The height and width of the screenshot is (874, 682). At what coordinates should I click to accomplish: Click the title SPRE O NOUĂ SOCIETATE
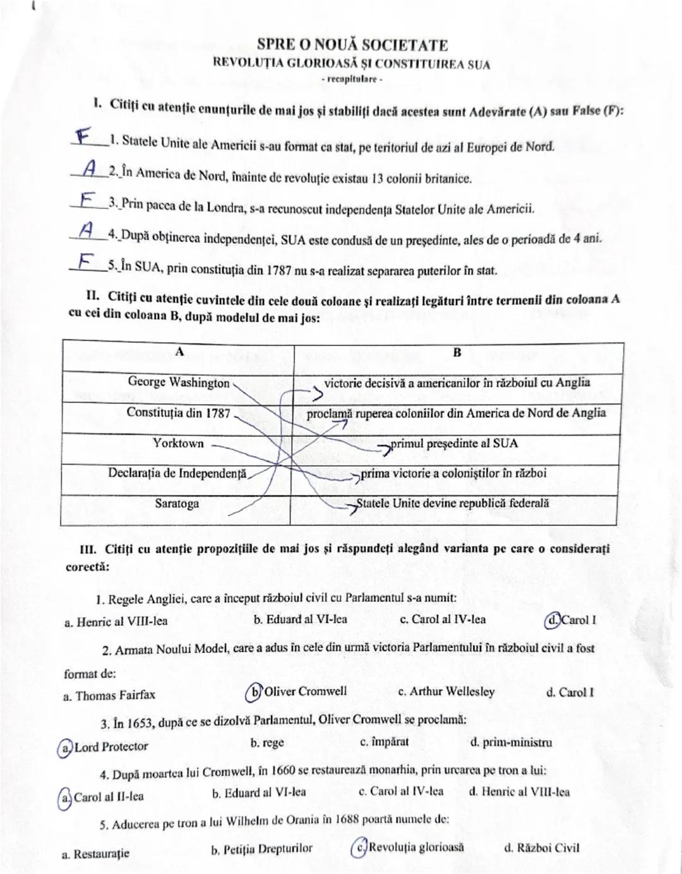click(352, 45)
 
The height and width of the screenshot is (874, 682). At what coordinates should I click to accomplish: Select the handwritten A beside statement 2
click(90, 167)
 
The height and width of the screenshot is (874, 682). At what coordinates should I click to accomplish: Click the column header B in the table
click(457, 352)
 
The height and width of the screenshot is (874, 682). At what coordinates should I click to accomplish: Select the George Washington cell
click(179, 383)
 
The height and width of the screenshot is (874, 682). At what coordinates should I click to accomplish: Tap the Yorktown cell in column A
click(179, 443)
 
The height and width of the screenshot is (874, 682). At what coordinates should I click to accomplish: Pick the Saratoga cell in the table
click(177, 504)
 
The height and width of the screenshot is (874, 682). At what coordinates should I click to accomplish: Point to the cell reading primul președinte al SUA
click(454, 443)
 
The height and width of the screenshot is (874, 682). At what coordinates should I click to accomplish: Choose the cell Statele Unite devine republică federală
click(453, 504)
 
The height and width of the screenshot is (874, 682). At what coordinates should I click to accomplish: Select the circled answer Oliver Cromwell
click(297, 691)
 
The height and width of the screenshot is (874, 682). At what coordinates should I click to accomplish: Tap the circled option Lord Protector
click(104, 747)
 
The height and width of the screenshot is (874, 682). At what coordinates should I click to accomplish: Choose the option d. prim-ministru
click(511, 743)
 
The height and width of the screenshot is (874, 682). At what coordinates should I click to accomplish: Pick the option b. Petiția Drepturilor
click(261, 849)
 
